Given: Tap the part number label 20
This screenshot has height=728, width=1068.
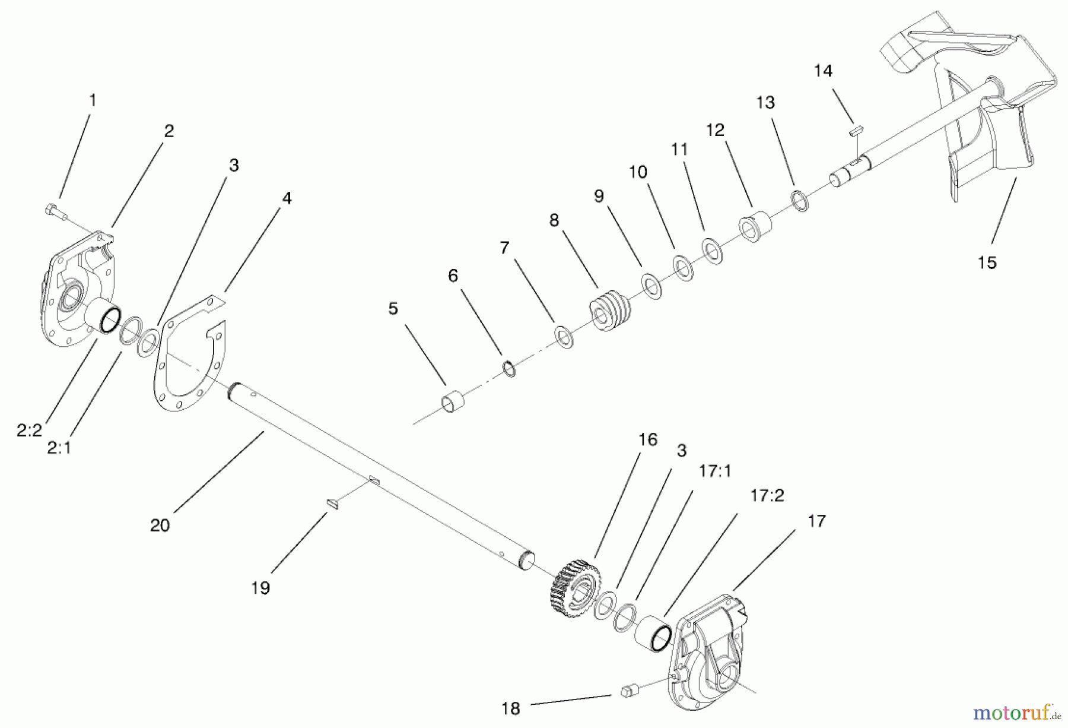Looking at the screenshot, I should pyautogui.click(x=160, y=525).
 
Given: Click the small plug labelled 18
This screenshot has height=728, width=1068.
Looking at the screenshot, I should pyautogui.click(x=628, y=691).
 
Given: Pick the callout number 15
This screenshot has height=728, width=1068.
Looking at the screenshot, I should pyautogui.click(x=987, y=262).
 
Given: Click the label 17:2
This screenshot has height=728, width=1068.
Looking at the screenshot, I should pyautogui.click(x=767, y=495).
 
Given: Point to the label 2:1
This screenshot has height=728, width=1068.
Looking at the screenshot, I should pyautogui.click(x=59, y=448).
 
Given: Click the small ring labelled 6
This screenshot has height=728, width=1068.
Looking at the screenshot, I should pyautogui.click(x=509, y=369).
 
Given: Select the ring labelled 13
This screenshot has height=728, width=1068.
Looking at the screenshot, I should pyautogui.click(x=800, y=201).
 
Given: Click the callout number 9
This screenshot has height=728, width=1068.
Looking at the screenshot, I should pyautogui.click(x=599, y=196).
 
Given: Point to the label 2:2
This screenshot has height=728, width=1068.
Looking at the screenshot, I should pyautogui.click(x=29, y=431).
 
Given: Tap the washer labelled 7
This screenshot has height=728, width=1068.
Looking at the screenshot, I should pyautogui.click(x=564, y=337).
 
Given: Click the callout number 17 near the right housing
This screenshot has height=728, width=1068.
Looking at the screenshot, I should pyautogui.click(x=816, y=521).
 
